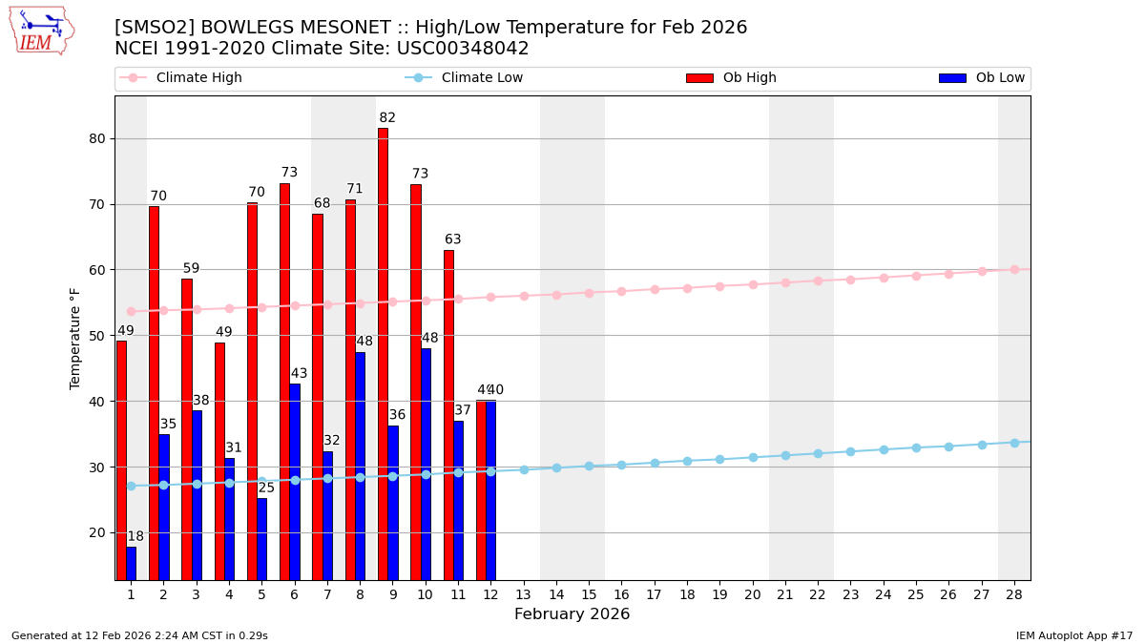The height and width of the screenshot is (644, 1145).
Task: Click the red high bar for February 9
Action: click(383, 353)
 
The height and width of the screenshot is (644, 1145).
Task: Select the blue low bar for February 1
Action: click(131, 563)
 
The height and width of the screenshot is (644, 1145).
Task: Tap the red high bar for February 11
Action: click(448, 415)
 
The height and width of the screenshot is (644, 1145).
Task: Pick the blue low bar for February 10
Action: click(426, 464)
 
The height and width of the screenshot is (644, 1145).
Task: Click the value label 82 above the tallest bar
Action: click(387, 118)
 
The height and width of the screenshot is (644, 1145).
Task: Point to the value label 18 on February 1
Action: click(135, 537)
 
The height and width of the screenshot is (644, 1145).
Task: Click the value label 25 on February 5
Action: click(266, 488)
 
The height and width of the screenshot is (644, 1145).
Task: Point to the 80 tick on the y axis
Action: click(97, 138)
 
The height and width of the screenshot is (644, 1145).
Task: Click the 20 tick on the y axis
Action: click(97, 532)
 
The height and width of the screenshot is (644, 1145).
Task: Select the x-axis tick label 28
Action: click(1014, 594)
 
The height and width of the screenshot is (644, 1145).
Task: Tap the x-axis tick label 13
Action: click(523, 594)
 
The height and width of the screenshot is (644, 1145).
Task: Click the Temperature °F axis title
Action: click(76, 338)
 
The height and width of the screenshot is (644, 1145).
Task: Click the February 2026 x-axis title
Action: click(572, 614)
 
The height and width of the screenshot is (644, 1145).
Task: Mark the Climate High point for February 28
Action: click(1014, 269)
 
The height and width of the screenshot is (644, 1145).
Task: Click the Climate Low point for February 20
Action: click(753, 457)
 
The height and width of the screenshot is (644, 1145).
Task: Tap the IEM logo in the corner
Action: click(41, 31)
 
